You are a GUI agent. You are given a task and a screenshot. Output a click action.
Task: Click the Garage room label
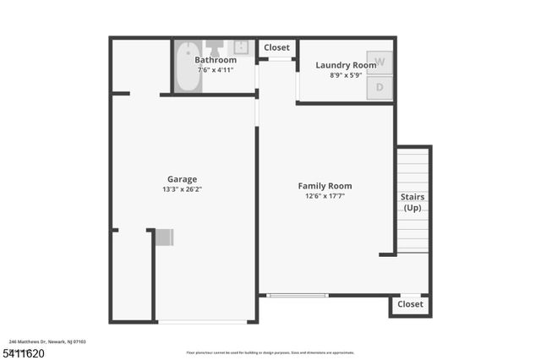coord(182,179)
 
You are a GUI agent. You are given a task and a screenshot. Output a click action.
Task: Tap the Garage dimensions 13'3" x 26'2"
coord(182,189)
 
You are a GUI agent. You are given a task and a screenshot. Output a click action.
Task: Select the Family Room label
coord(325,186)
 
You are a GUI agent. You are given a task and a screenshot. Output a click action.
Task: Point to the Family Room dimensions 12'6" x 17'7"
coord(325,196)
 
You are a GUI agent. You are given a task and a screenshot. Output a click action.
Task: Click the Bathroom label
coord(216,60)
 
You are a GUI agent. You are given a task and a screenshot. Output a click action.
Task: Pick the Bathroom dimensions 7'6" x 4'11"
coord(216,70)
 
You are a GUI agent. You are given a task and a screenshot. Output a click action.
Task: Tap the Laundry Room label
coord(346,65)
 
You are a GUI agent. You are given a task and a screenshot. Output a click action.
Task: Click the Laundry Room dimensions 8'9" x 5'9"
coord(346,75)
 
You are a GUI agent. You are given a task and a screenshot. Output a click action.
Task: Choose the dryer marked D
coord(380,87)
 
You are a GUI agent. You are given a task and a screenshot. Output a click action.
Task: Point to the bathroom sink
coord(241,47)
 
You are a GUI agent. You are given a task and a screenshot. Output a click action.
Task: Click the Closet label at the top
coord(276,48)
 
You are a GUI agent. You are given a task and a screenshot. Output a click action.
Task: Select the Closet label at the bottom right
coord(410,304)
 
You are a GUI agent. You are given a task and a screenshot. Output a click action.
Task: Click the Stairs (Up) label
coord(413,202)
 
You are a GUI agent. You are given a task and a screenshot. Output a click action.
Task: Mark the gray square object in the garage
coord(164,237)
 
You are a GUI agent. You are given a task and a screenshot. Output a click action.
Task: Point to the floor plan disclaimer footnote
coord(270,352)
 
